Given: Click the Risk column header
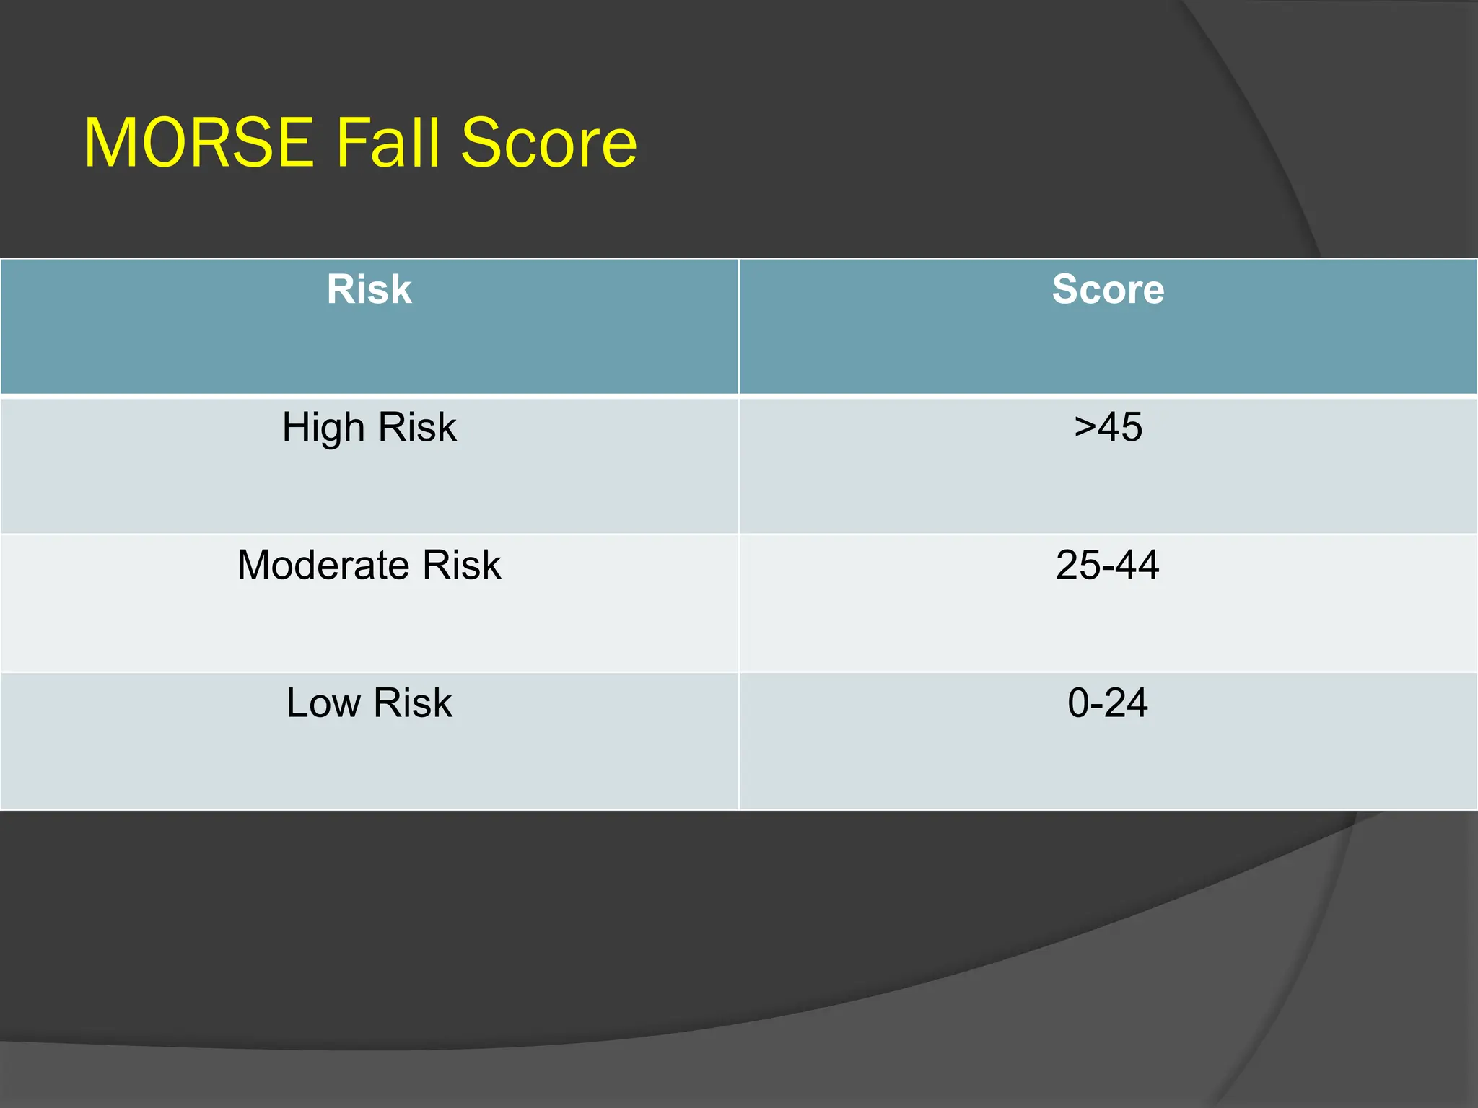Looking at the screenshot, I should (369, 289).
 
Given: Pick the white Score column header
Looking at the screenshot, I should (1108, 289).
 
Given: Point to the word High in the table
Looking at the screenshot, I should (323, 427).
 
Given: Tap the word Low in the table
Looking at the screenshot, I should (323, 703).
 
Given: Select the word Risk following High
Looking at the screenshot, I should (417, 427).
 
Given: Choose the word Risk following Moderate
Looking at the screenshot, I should (462, 565).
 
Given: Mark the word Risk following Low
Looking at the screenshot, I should (413, 703).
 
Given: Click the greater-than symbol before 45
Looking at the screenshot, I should (1085, 427).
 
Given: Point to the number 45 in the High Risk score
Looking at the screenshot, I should (1121, 427).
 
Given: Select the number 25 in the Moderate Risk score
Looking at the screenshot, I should (1077, 565).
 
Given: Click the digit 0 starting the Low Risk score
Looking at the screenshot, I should (1078, 703).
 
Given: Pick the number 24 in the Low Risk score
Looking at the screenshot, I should (1126, 703).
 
